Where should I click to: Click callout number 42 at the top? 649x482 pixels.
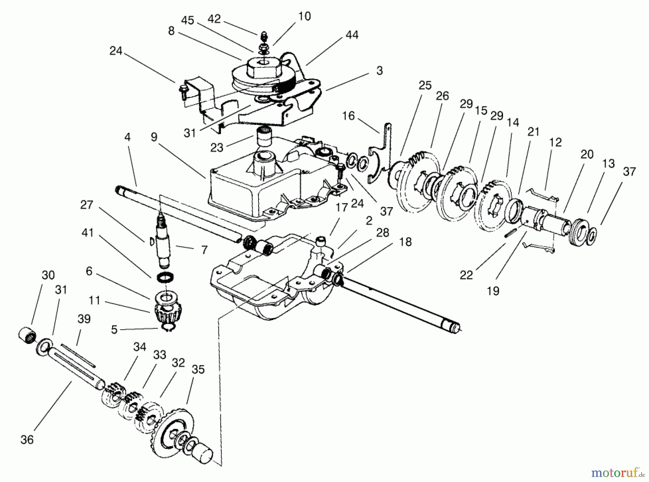[x=214, y=19]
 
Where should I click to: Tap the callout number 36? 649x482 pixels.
[x=27, y=440]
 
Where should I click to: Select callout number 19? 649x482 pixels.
[x=493, y=291]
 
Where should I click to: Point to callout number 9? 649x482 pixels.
[x=154, y=137]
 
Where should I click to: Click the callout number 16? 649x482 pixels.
[x=349, y=116]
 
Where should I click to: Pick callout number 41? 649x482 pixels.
[x=88, y=233]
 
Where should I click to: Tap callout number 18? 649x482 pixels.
[x=406, y=242]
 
